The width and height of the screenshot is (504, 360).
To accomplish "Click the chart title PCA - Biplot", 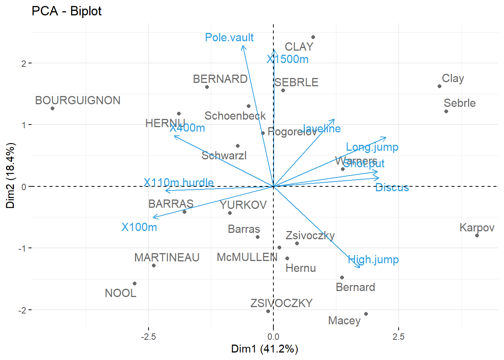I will click(x=67, y=11).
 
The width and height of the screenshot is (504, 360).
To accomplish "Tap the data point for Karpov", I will click(x=477, y=235).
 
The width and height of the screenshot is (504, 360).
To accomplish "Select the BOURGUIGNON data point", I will click(x=52, y=108).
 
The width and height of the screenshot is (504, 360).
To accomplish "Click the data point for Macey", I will click(x=366, y=314).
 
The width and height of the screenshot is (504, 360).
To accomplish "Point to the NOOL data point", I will click(x=135, y=283).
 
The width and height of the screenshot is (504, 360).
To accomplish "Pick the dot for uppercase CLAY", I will click(x=313, y=37).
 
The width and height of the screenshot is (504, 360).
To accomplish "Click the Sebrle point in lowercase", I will click(x=446, y=111).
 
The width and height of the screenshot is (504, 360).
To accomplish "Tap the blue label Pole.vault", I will click(x=229, y=37).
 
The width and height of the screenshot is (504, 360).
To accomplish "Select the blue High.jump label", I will click(x=373, y=259).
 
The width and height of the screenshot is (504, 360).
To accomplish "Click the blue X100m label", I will click(x=139, y=227).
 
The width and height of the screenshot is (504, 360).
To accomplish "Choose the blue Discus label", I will click(x=392, y=187).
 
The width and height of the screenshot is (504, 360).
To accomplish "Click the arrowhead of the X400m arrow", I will click(x=174, y=136).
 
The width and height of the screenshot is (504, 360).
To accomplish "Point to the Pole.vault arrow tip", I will click(x=243, y=46).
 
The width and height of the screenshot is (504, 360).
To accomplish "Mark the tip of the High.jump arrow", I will click(x=360, y=268).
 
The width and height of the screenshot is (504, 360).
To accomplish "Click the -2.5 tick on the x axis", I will click(x=148, y=336).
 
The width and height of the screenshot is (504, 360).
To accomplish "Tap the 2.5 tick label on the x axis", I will click(x=399, y=336).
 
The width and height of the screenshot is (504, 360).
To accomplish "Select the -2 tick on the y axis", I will click(x=24, y=310).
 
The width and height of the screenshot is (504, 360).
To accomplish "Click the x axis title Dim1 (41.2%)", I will click(x=265, y=349).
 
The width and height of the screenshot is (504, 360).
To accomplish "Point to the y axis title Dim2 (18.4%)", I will click(x=10, y=175).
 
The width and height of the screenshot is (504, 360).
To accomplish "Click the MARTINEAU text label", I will click(x=167, y=258).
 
